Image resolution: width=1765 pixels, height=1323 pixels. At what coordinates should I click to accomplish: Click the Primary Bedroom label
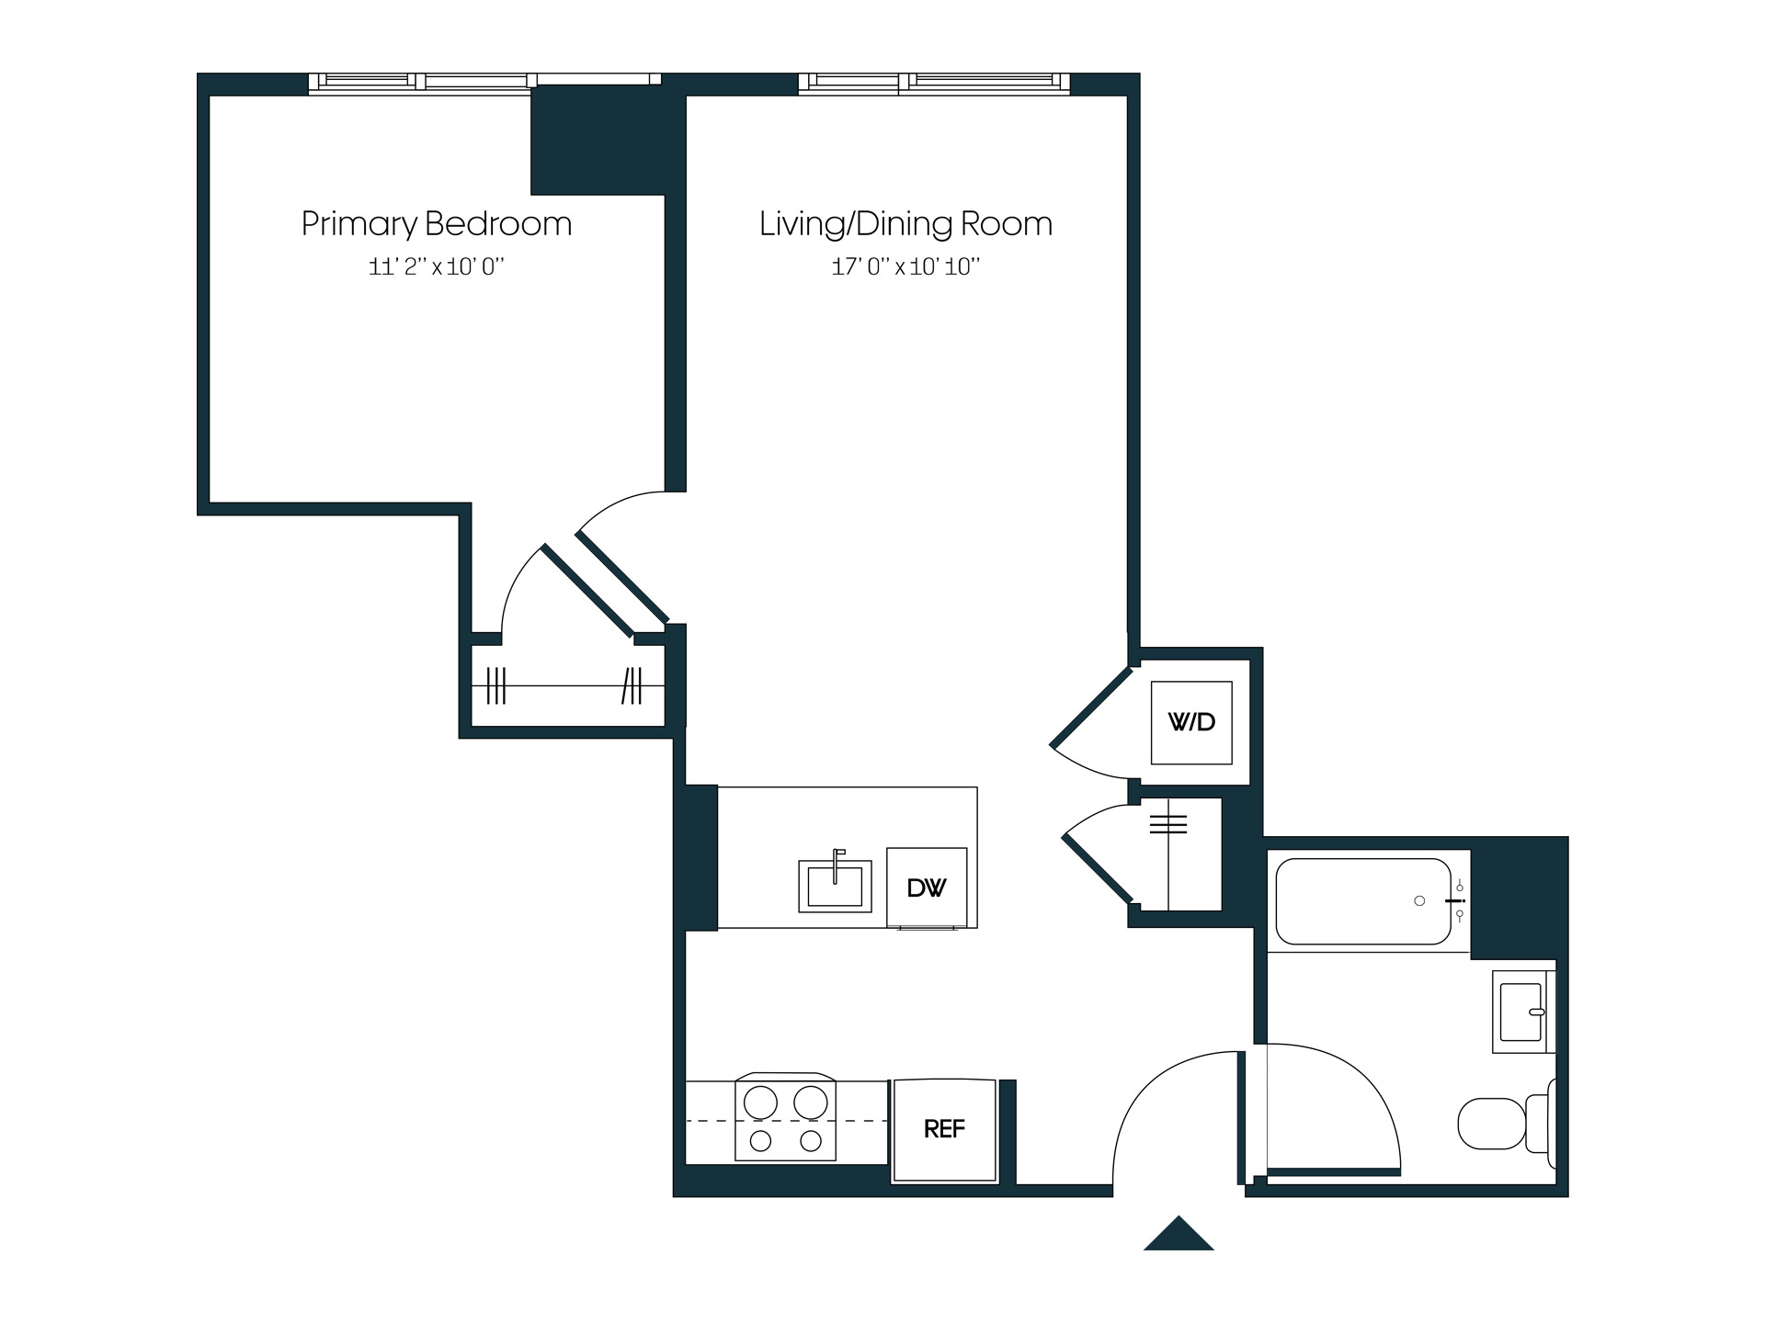[437, 224]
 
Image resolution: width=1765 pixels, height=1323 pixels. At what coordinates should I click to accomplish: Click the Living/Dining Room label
[905, 224]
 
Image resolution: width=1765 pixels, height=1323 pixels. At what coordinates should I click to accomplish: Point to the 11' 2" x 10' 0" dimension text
[437, 267]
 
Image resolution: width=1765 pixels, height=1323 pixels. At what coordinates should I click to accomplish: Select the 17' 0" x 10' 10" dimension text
[905, 267]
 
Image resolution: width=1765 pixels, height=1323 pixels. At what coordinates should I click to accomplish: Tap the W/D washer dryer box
[1191, 722]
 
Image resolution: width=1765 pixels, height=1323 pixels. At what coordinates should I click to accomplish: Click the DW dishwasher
[927, 888]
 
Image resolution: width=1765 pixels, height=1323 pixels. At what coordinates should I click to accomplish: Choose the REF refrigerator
[944, 1129]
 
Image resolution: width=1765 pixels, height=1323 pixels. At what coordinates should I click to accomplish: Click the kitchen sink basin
[835, 887]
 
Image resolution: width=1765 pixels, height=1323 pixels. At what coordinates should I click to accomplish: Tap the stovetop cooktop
[785, 1117]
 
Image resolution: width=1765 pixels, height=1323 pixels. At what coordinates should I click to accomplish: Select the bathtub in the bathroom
[1363, 901]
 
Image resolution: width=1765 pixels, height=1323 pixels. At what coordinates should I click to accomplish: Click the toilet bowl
[1492, 1124]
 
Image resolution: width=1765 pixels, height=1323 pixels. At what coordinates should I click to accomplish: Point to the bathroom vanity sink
[1521, 1012]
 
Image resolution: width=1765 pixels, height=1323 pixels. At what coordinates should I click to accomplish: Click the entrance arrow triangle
[1179, 1235]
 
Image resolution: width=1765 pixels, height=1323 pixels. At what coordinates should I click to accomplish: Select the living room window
[934, 83]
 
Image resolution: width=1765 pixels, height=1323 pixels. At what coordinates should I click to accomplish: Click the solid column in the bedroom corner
[598, 140]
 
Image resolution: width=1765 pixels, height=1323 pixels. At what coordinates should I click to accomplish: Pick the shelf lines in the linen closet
[1168, 824]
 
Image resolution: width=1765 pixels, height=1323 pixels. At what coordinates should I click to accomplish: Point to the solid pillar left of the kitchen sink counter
[700, 857]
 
